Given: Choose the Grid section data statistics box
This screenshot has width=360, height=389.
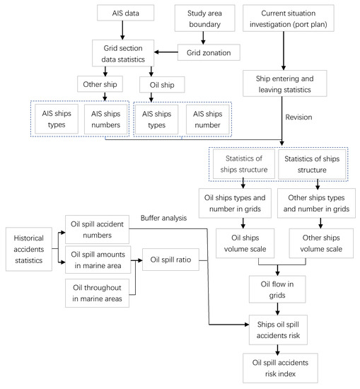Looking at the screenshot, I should click(x=124, y=52).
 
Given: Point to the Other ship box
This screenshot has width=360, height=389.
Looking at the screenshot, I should click(x=103, y=86).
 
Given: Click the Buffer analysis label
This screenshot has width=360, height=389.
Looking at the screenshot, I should click(x=164, y=217).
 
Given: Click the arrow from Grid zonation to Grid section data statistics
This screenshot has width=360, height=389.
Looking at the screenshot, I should click(x=166, y=52).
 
